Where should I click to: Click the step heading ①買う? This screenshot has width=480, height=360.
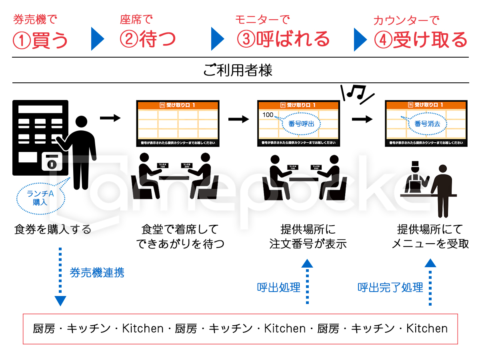(x=40, y=40)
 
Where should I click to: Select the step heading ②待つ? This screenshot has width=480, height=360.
(x=148, y=40)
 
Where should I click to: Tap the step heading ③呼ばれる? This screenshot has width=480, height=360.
(x=283, y=39)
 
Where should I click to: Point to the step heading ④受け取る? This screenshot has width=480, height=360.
(x=420, y=40)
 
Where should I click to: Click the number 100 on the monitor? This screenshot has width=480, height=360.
(x=268, y=115)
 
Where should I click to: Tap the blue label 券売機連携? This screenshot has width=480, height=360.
(x=97, y=273)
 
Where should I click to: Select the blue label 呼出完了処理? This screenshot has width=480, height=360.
(x=390, y=287)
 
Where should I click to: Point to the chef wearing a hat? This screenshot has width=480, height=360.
(x=414, y=178)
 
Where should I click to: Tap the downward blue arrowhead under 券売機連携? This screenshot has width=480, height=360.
(x=60, y=301)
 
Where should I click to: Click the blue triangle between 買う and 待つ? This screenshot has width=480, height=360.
(x=97, y=39)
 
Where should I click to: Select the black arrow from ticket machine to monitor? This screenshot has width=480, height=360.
(x=110, y=118)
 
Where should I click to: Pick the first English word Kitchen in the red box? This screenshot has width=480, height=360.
(x=143, y=329)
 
